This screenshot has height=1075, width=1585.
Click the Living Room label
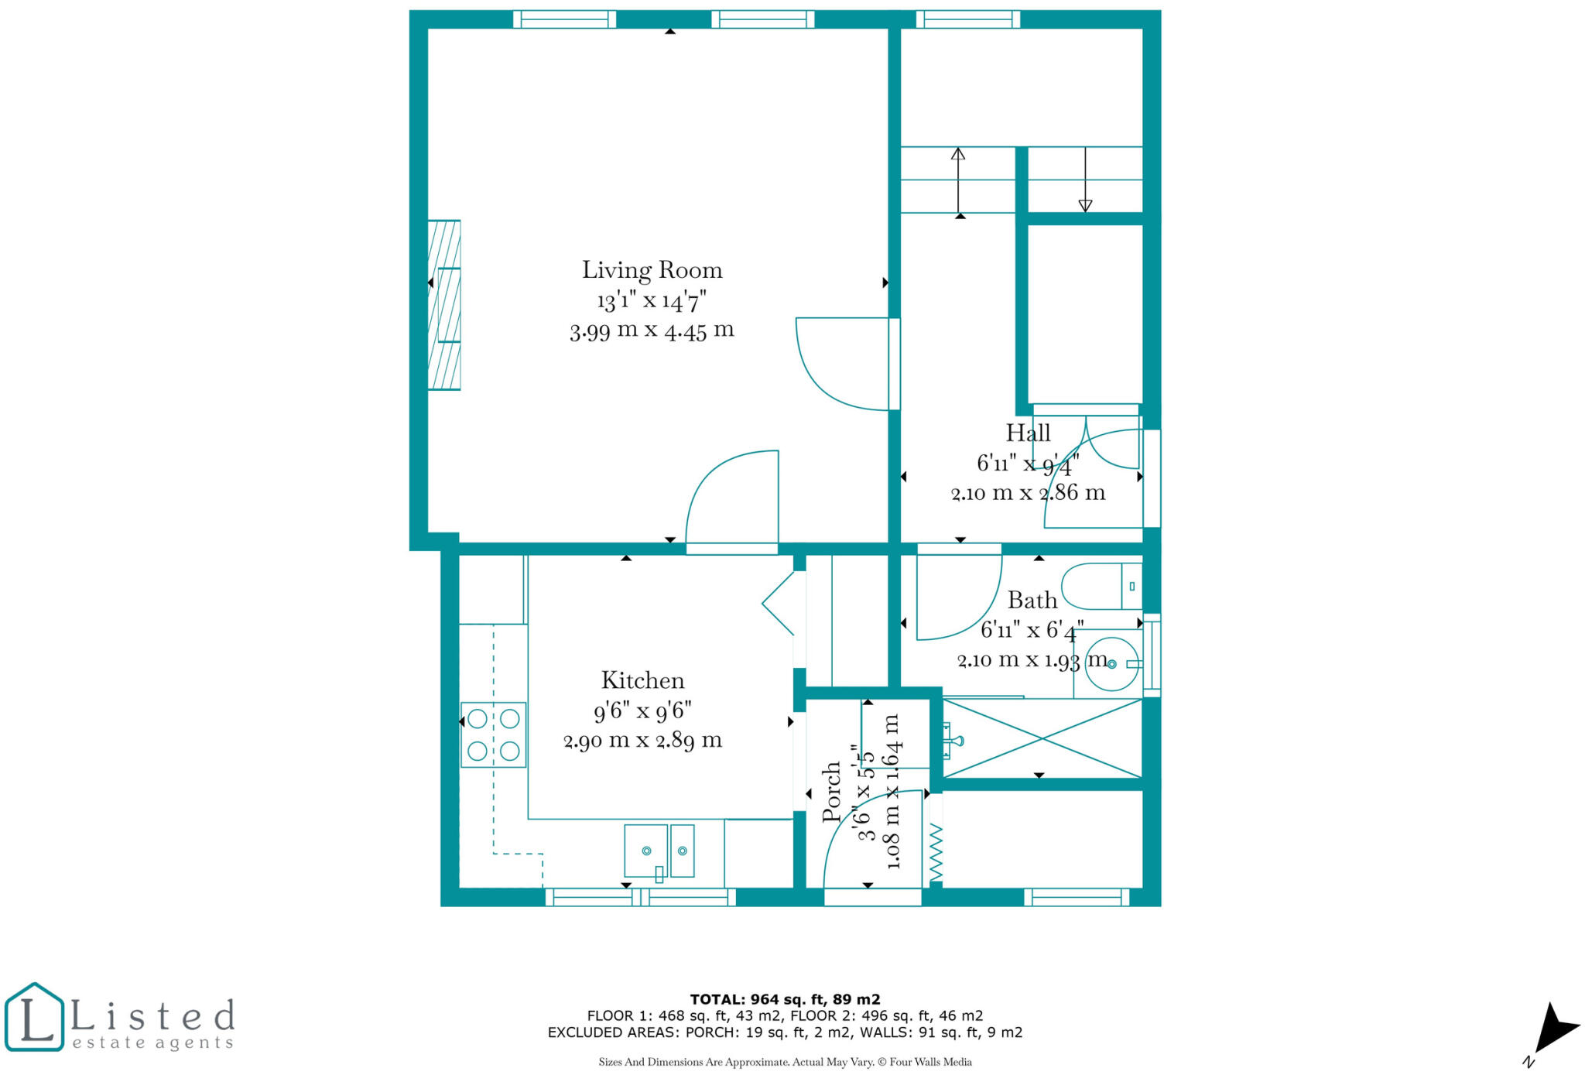pos(652,270)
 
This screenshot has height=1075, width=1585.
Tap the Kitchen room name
pos(642,680)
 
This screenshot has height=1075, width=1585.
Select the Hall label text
pos(1028,433)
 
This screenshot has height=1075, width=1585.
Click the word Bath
pos(1032,600)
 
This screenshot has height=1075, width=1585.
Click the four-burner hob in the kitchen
pos(493,734)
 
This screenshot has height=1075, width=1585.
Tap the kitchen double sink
pos(659,851)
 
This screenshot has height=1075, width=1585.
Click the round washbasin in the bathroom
pos(1111,663)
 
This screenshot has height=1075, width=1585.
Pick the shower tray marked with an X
pos(1042,738)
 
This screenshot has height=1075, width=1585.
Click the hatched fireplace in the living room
pos(444,305)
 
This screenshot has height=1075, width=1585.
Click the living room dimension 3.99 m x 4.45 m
pos(652,330)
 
